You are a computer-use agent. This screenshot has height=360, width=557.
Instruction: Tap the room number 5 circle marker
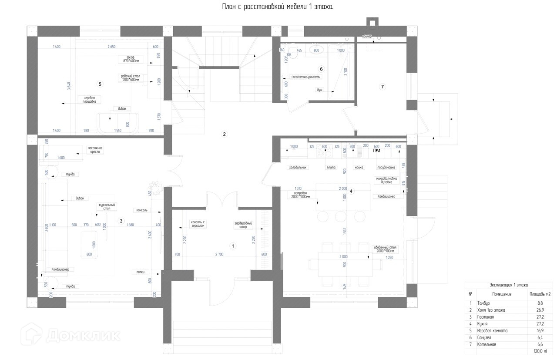(100, 84)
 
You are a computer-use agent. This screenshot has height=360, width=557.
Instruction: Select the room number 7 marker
(383, 87)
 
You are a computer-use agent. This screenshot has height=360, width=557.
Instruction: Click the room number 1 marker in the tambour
(233, 246)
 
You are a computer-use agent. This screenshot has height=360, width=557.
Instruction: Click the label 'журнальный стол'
(104, 206)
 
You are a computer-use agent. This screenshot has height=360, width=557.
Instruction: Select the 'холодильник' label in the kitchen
(298, 167)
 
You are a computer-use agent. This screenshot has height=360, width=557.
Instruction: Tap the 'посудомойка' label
(386, 167)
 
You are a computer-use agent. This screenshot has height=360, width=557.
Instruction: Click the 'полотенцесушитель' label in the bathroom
(306, 77)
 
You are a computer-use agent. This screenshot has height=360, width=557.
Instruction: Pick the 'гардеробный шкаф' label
(243, 225)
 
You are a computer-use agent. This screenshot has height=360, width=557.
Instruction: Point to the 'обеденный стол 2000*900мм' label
(385, 249)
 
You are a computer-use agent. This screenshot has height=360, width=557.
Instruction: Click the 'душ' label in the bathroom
(320, 90)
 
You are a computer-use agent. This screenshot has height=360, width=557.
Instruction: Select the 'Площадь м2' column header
(540, 294)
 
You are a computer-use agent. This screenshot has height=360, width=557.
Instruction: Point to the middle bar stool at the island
(341, 216)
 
